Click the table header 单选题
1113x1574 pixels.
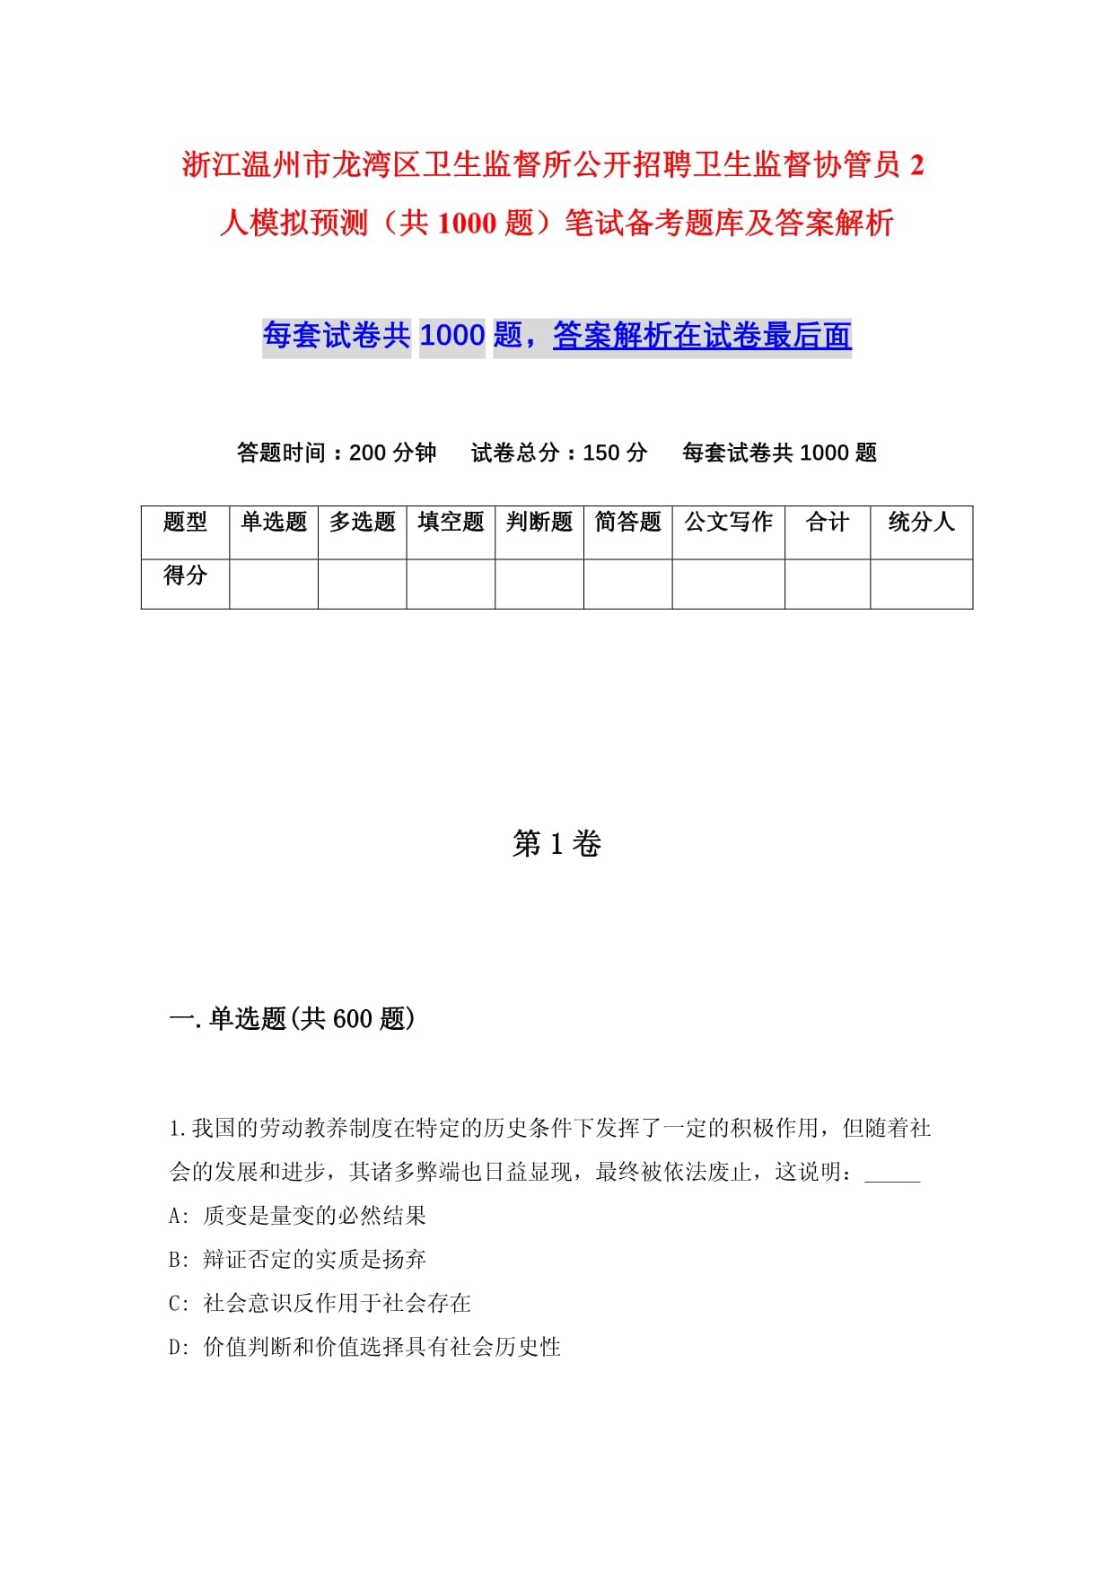click(274, 522)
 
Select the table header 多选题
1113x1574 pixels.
click(362, 522)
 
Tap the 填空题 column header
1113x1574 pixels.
click(451, 522)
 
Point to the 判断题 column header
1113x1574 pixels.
click(539, 522)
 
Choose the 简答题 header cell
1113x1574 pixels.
click(627, 522)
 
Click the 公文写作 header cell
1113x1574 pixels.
click(728, 522)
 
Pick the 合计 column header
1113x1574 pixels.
click(827, 522)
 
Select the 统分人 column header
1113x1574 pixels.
click(921, 522)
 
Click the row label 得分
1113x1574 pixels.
click(185, 575)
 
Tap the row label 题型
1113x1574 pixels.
click(185, 522)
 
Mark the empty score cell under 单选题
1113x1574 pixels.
click(274, 584)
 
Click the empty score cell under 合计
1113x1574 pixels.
click(827, 584)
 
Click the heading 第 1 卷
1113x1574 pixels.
click(556, 844)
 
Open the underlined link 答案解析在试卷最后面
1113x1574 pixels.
click(702, 336)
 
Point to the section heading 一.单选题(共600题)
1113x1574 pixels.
click(292, 1018)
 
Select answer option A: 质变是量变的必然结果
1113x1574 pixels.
click(297, 1216)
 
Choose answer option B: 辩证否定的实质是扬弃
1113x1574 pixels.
click(297, 1260)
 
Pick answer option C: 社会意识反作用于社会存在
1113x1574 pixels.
click(320, 1303)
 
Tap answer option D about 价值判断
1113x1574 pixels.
click(364, 1347)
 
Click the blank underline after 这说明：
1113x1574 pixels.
click(892, 1174)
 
